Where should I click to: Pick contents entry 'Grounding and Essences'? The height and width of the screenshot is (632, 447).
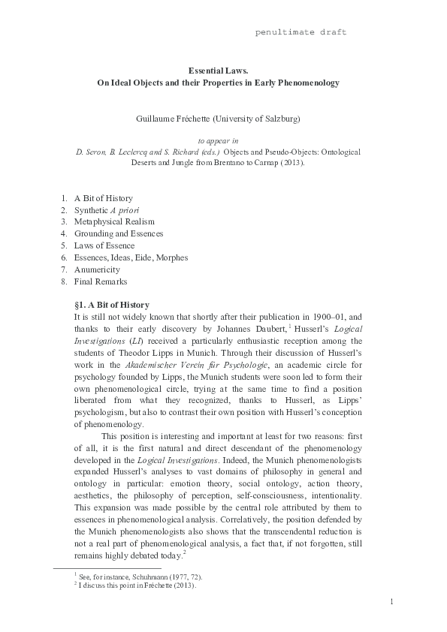coord(118,234)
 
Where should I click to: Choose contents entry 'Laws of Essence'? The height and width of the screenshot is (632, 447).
coord(104,246)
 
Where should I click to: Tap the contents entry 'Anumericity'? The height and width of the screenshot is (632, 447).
coord(96,269)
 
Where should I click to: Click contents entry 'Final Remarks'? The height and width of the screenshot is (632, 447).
coord(101,281)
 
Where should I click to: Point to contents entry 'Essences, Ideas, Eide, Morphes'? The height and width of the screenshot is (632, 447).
coord(131,257)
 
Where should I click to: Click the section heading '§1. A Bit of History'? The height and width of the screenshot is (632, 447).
coord(112,305)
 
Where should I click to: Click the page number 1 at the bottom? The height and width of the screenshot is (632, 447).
coord(392,602)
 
